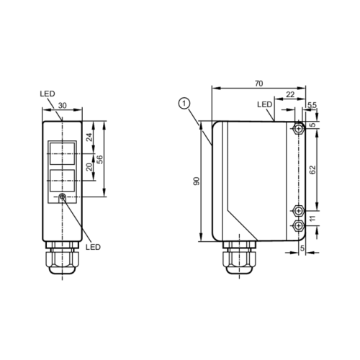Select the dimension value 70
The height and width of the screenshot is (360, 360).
(258, 84)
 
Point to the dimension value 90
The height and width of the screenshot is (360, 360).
(195, 181)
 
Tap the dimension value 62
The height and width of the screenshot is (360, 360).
(312, 170)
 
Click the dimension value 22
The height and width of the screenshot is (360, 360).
(289, 95)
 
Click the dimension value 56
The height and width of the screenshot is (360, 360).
(101, 159)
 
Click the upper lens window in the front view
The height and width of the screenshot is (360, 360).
(62, 152)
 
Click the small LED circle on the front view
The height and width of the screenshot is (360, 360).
(63, 198)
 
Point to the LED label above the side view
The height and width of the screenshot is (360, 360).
(264, 104)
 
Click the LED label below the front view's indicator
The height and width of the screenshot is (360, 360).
(92, 246)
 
